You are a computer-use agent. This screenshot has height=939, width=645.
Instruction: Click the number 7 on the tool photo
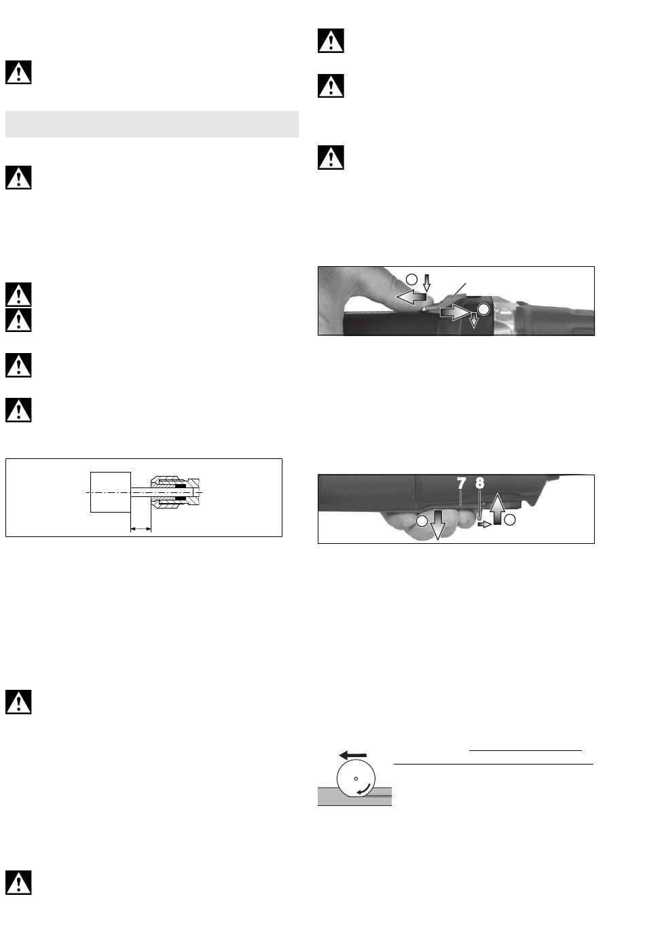(462, 483)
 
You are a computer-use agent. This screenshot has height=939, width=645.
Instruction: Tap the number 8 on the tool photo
(480, 483)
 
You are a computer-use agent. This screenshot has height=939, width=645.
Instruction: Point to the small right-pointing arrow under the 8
(485, 524)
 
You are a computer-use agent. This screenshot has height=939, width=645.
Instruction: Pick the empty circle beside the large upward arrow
(510, 520)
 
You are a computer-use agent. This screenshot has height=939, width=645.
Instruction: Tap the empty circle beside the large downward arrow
(422, 521)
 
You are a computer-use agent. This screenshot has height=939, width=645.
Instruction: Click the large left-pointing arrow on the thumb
(411, 297)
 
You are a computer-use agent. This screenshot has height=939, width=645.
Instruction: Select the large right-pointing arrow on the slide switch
(455, 313)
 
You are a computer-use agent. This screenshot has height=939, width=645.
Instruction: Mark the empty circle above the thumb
(411, 279)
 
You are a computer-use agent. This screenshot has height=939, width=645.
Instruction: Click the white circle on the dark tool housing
(483, 310)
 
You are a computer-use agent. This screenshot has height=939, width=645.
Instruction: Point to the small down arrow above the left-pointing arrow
(426, 283)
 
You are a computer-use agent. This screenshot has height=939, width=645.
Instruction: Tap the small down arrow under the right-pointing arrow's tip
(474, 320)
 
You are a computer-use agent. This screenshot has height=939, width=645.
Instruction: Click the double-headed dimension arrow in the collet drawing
(141, 529)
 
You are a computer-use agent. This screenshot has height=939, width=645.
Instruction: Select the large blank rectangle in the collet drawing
(111, 492)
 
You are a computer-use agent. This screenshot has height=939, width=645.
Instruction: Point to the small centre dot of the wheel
(356, 779)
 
